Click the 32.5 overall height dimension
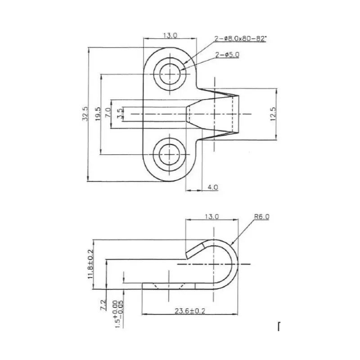[x=85, y=114]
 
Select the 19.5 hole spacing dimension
[x=98, y=114]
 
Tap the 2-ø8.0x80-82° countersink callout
[x=240, y=39]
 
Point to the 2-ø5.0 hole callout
[x=227, y=54]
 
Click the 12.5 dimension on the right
[x=273, y=114]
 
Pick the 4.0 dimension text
[x=213, y=187]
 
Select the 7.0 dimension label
[x=108, y=112]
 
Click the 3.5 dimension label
[x=120, y=114]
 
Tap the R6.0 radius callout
[x=262, y=216]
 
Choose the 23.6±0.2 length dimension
[x=190, y=311]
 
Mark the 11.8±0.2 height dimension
[x=91, y=264]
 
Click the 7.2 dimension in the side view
[x=103, y=305]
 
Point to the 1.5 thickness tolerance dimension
[x=119, y=314]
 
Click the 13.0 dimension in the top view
[x=170, y=36]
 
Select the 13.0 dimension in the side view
[x=212, y=216]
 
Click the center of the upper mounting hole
[x=170, y=74]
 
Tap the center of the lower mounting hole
[x=170, y=154]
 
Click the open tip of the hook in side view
[x=187, y=255]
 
